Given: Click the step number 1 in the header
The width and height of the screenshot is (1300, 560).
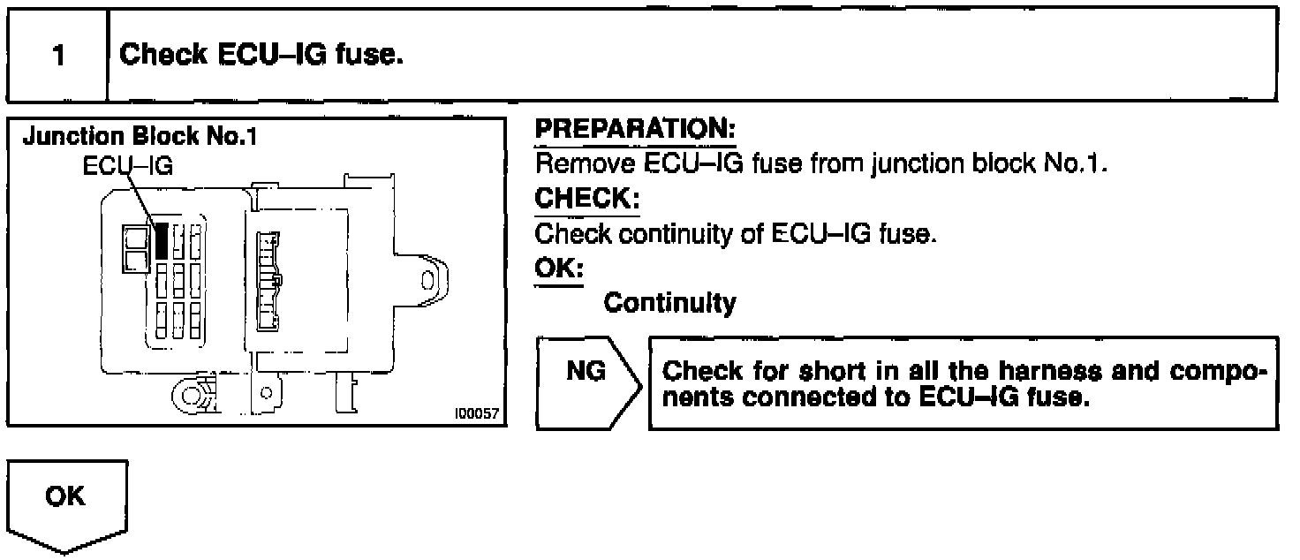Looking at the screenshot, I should coord(58,57).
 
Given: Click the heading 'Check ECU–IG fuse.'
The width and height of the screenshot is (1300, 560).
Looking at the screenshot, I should coord(261,55).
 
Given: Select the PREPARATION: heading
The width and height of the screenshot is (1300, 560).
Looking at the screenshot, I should coord(636,130).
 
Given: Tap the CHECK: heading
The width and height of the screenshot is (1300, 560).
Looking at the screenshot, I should coord(587,200).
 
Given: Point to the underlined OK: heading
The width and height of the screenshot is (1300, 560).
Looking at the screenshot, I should coord(558,268).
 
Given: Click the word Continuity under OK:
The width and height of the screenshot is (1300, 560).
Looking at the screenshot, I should coord(669,303).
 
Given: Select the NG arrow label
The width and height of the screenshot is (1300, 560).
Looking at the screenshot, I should coord(586,372).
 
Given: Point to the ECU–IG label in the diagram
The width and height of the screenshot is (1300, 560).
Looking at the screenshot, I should coord(128,165).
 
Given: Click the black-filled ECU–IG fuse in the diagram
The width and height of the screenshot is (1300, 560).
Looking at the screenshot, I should coord(161,240).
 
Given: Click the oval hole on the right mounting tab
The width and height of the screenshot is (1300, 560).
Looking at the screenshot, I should coord(427,280).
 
